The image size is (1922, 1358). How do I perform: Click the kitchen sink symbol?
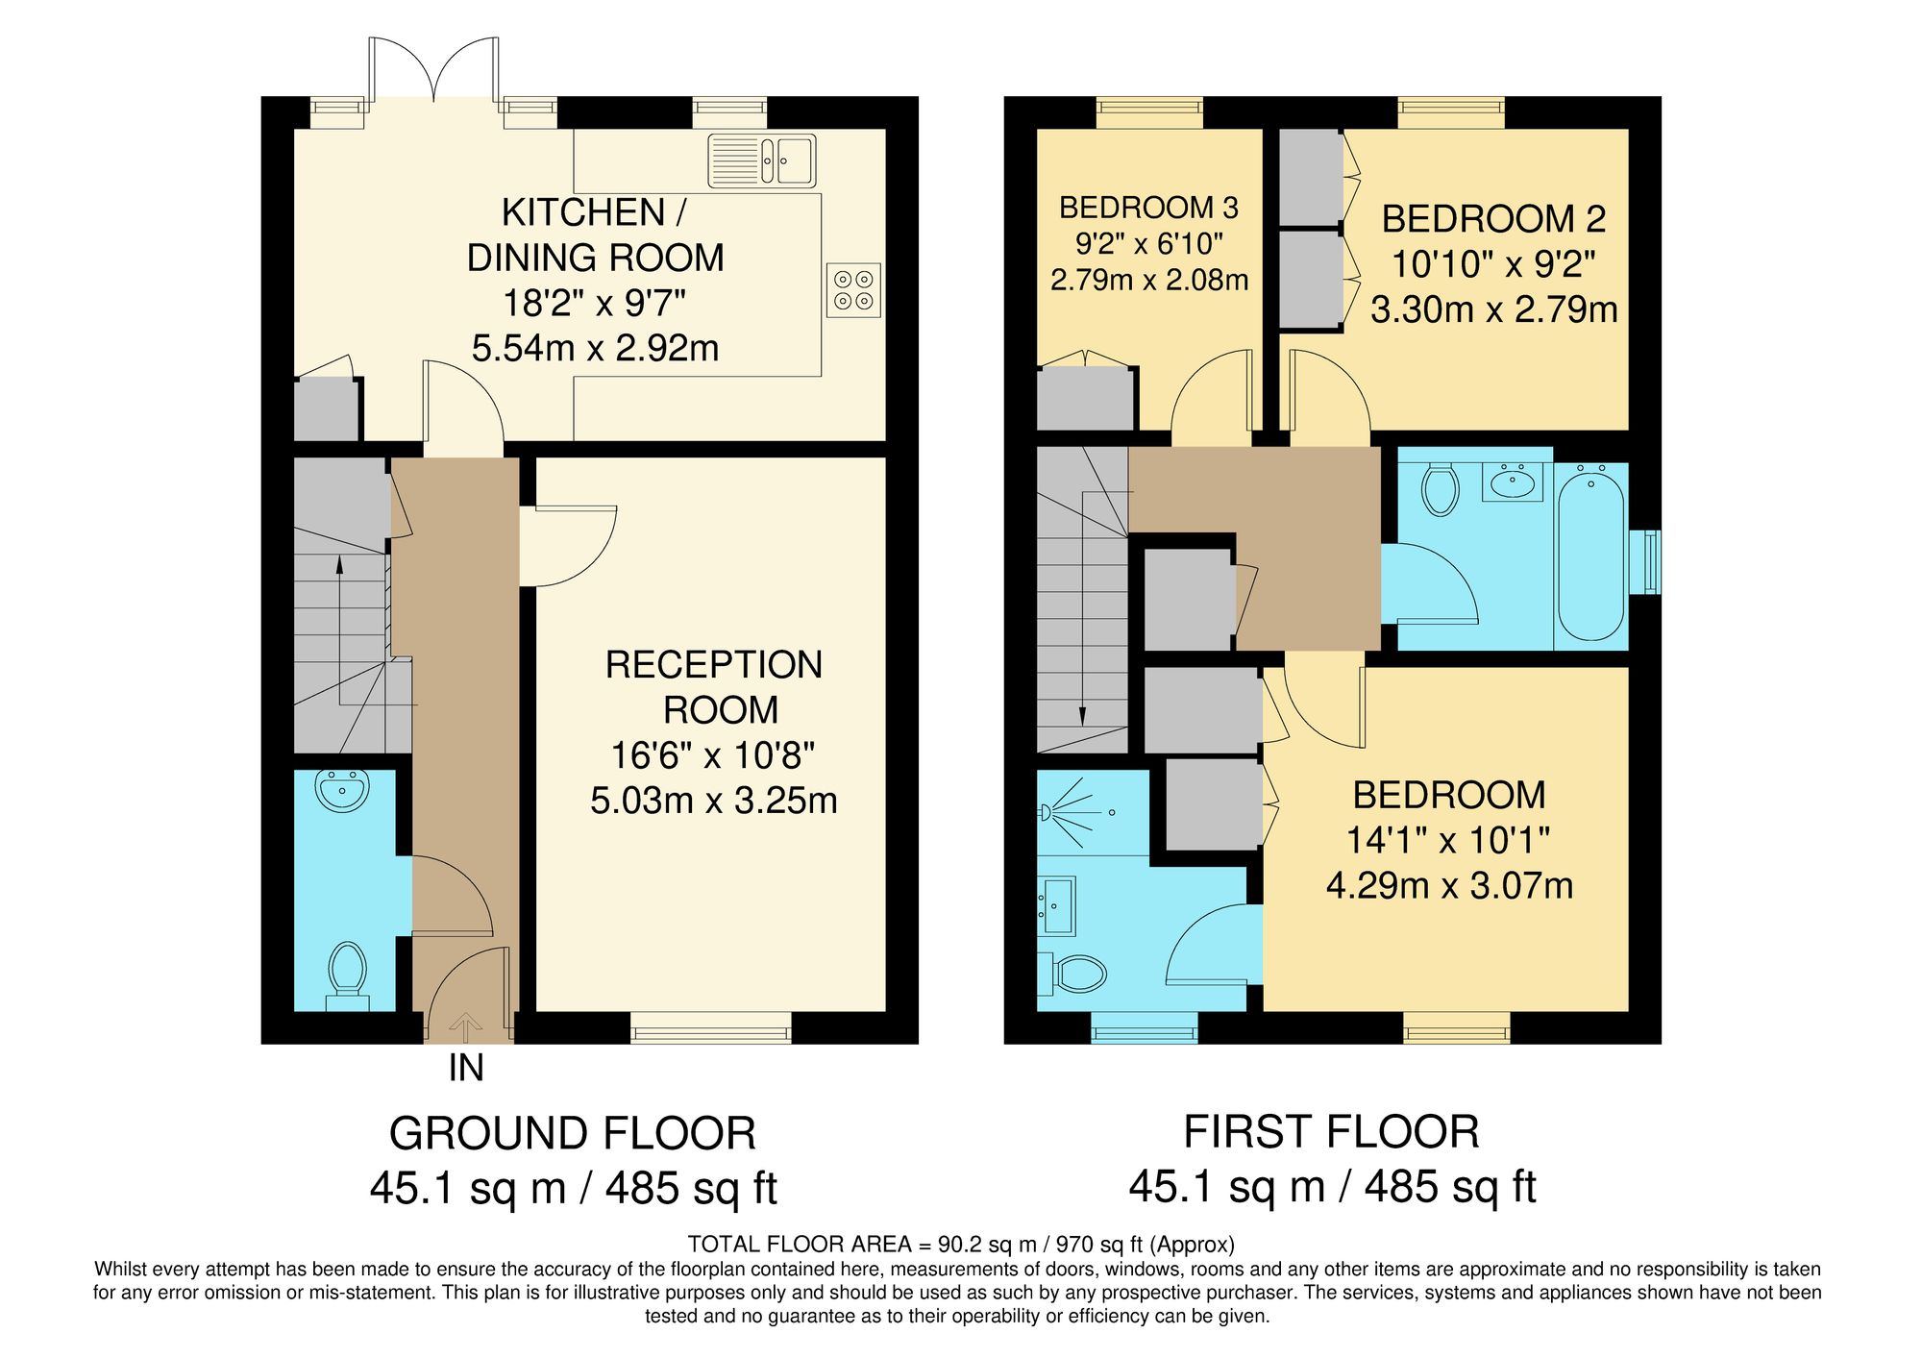762,160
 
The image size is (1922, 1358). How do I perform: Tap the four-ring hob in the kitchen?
853,290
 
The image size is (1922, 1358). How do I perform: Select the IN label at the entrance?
466,1069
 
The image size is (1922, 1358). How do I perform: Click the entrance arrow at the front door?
466,1025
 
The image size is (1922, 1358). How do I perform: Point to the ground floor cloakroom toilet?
347,972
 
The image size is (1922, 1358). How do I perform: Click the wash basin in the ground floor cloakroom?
342,790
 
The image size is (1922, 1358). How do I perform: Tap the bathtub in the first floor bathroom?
1590,553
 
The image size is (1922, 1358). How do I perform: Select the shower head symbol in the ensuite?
1047,813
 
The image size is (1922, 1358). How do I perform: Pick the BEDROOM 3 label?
1148,208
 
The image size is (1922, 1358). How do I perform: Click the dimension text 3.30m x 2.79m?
1493,309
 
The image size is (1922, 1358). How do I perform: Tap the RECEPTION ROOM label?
714,687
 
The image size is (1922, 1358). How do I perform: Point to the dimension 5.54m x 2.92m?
595,348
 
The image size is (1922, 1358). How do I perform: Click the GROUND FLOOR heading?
573,1134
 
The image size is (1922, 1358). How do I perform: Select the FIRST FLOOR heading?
1331,1132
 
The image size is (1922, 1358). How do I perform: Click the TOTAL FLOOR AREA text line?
961,1245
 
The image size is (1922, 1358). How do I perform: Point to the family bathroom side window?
1651,561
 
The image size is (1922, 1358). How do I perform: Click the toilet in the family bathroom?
1440,488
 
